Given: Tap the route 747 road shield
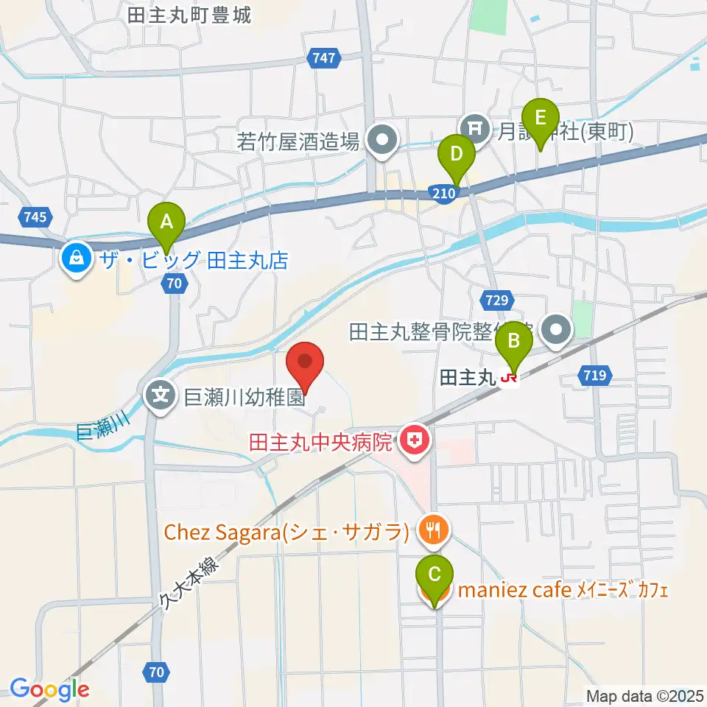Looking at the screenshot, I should point(323,59).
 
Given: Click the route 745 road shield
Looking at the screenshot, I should point(34,217).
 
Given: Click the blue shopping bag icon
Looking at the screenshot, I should point(77,258).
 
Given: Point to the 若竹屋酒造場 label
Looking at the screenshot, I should point(299,140).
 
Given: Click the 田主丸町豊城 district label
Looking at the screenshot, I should point(189,15).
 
